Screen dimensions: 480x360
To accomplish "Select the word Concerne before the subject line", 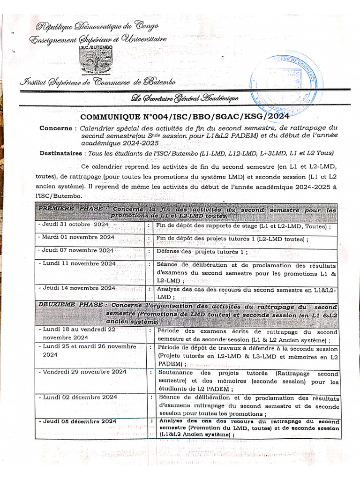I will pos(55,128).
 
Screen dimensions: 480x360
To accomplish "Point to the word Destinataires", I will pos(60,153).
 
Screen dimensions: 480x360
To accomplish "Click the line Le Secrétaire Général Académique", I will pos(185,98).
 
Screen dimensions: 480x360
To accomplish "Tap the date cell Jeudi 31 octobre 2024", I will pos(75,225).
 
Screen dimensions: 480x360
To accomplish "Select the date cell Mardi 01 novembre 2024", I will pos(78,237).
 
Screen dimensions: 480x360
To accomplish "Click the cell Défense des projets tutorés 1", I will pos(202,251).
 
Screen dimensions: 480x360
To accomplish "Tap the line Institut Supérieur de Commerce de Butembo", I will pos(97,82).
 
